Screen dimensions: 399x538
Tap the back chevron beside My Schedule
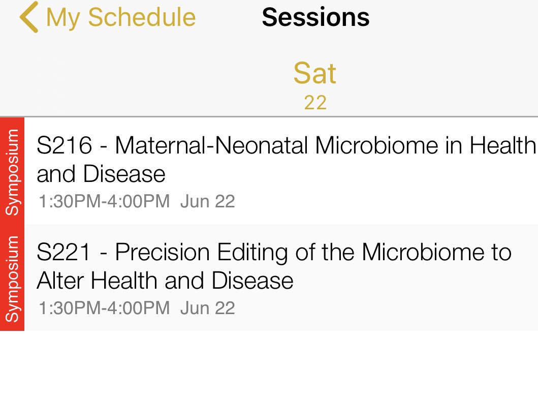29,17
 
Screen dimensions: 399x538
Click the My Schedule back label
120,17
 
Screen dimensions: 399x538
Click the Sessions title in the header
315,17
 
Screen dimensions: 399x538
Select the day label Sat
314,74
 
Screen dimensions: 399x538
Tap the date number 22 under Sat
314,103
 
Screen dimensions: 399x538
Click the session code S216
64,146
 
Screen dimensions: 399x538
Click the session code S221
64,253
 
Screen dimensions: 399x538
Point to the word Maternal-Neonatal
211,146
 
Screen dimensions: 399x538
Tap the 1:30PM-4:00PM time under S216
104,202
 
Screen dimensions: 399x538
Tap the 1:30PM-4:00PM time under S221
104,308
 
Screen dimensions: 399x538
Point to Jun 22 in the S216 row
208,202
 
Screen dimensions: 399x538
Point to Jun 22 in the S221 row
208,308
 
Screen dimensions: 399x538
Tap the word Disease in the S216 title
124,174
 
